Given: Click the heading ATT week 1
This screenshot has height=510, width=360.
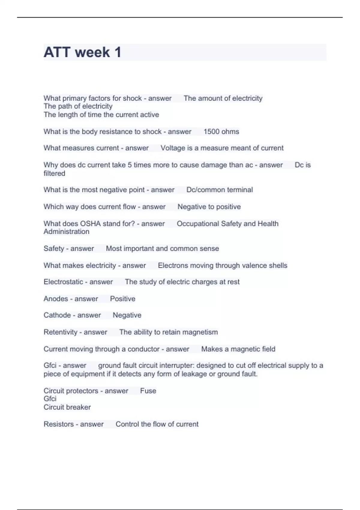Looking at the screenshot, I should (x=82, y=52).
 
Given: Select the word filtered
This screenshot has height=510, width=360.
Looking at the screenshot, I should (x=54, y=173).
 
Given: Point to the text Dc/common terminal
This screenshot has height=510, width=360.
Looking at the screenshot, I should (x=220, y=190).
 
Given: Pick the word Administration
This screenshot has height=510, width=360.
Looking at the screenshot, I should (x=66, y=232).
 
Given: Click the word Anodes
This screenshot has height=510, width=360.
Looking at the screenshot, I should (x=56, y=299).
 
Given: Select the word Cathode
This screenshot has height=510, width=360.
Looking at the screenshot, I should (x=57, y=315).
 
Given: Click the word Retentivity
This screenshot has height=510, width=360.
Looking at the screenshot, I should (x=61, y=332).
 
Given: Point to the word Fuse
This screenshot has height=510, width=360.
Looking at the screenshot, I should (x=148, y=391).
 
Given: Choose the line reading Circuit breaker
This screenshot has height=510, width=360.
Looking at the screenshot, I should (x=67, y=407).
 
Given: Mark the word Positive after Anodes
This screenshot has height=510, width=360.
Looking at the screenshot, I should (x=123, y=299).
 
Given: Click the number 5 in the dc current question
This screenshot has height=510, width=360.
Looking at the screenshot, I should (x=130, y=165).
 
